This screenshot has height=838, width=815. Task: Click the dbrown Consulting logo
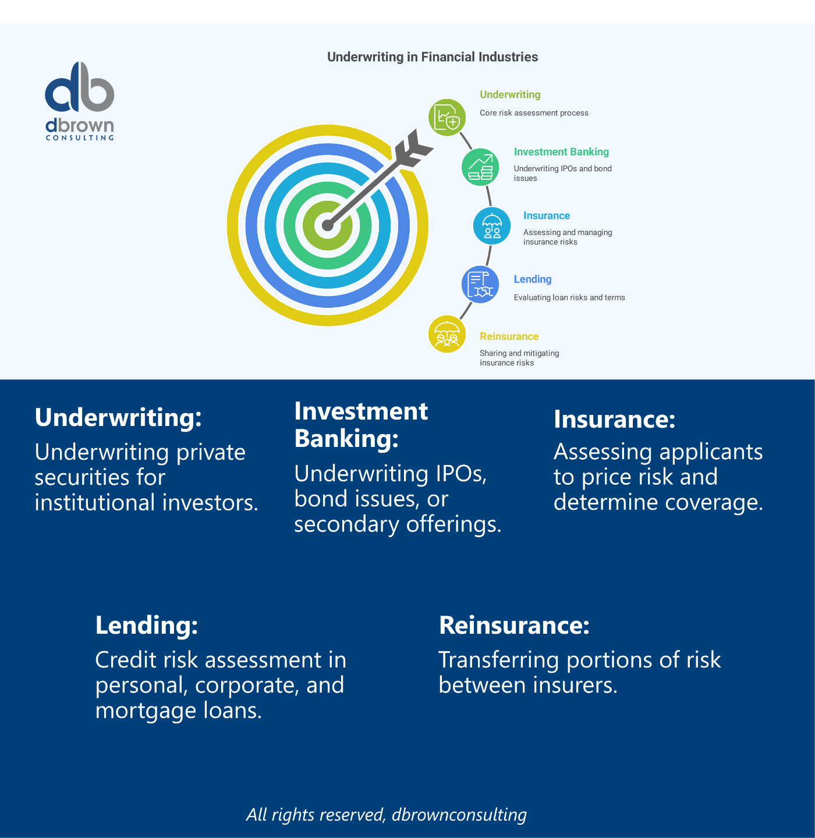pyautogui.click(x=80, y=100)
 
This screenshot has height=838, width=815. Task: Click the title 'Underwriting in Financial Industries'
pyautogui.click(x=433, y=57)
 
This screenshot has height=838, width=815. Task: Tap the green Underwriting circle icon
pyautogui.click(x=447, y=118)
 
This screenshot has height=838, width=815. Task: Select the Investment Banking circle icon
pyautogui.click(x=480, y=167)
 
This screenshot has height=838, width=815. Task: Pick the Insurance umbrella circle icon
pyautogui.click(x=492, y=226)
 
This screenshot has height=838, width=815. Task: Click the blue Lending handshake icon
pyautogui.click(x=480, y=285)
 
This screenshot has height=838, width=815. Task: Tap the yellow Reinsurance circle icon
pyautogui.click(x=447, y=334)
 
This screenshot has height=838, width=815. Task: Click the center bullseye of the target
pyautogui.click(x=328, y=225)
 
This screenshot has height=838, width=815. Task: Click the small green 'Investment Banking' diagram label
pyautogui.click(x=561, y=152)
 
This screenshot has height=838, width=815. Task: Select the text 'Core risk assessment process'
pyautogui.click(x=534, y=113)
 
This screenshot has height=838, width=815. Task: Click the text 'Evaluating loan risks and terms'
pyautogui.click(x=569, y=297)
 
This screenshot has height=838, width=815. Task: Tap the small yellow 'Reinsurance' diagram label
pyautogui.click(x=509, y=336)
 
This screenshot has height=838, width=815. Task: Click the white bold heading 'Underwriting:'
pyautogui.click(x=118, y=417)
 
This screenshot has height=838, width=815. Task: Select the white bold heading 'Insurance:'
pyautogui.click(x=614, y=419)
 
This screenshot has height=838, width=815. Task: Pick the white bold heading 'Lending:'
pyautogui.click(x=147, y=625)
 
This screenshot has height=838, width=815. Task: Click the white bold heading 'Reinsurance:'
pyautogui.click(x=514, y=625)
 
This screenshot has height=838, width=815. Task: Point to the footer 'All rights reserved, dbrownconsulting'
pyautogui.click(x=387, y=814)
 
